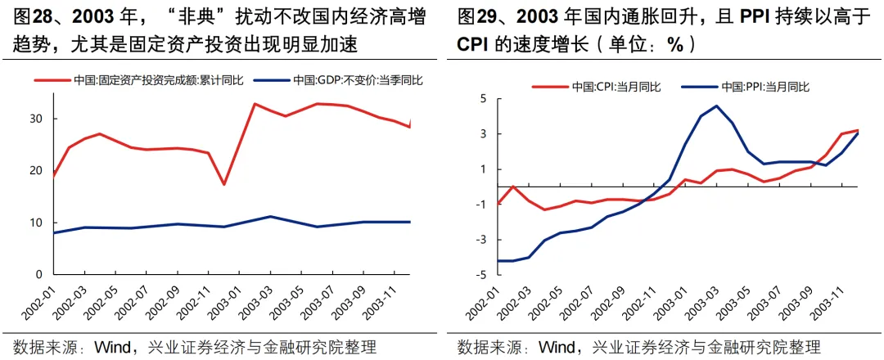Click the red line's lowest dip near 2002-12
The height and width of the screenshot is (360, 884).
[223, 184]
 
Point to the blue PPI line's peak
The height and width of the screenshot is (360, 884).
[716, 106]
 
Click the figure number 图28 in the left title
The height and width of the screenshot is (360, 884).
[32, 16]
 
